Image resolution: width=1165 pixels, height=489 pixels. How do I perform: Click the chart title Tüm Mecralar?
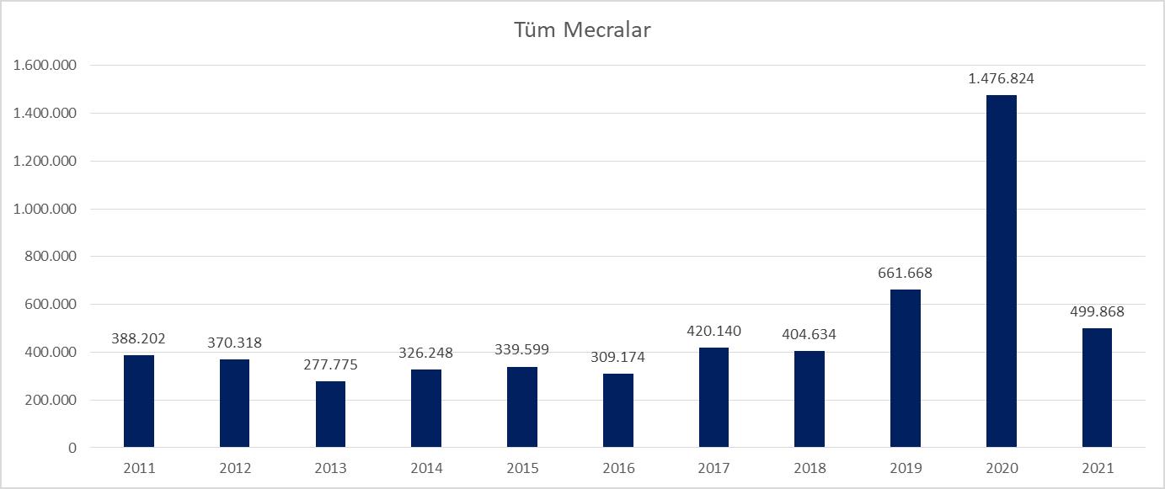(582, 31)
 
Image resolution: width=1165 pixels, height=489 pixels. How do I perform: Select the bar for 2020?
(1001, 271)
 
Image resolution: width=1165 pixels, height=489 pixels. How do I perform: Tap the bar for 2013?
(330, 414)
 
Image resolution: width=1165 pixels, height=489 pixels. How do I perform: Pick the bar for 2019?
(906, 368)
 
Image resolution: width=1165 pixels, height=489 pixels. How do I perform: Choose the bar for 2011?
(139, 401)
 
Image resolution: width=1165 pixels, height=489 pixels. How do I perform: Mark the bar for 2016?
(618, 410)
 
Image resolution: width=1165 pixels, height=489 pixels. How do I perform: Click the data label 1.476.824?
(1001, 79)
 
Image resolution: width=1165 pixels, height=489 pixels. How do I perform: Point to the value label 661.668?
(906, 273)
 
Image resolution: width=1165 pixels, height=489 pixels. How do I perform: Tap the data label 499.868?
(1097, 311)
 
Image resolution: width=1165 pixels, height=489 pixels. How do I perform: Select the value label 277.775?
(330, 364)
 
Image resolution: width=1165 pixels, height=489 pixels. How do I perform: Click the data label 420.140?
(714, 331)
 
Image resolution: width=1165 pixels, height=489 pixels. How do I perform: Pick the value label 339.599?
(522, 350)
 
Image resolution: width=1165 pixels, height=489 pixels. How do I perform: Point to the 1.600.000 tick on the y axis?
(45, 66)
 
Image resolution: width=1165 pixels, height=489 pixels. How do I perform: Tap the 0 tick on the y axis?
(72, 448)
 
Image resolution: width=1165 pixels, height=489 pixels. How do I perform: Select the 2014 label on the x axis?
(426, 468)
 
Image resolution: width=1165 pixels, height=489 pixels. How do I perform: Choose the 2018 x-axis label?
(810, 468)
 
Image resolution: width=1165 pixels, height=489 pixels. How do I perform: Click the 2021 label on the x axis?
(1097, 468)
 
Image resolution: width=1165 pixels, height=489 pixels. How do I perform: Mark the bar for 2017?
(714, 397)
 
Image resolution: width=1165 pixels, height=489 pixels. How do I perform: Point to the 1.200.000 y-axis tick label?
(45, 162)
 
